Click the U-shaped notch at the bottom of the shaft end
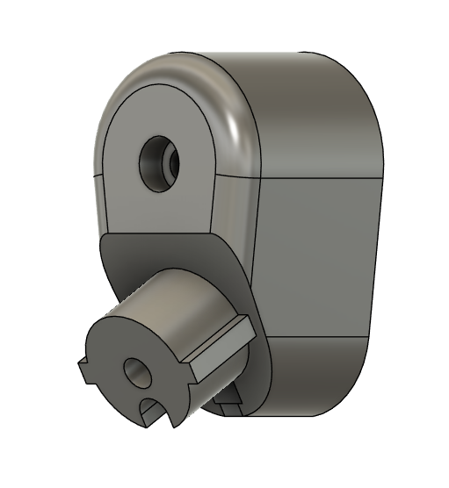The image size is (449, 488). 151,409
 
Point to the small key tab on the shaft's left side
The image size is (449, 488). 84,370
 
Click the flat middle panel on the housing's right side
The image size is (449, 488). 321,255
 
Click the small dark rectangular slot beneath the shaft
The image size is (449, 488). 230,405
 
